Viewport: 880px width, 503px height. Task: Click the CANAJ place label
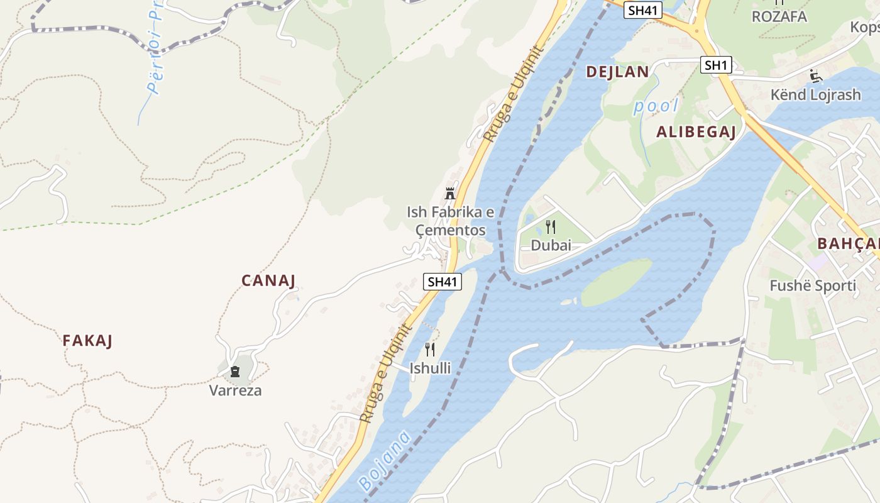point(268,280)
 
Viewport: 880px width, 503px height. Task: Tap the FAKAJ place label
point(87,341)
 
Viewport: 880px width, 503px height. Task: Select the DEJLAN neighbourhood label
point(617,72)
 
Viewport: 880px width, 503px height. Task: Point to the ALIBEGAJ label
point(696,131)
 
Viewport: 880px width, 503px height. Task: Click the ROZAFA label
point(779,17)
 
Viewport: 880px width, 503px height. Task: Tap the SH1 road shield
point(716,65)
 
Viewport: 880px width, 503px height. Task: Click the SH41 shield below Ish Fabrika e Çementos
point(443,282)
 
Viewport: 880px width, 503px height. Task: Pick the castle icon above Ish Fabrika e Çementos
point(450,193)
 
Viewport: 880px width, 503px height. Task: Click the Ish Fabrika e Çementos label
point(450,221)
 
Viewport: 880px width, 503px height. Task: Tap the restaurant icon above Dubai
point(551,227)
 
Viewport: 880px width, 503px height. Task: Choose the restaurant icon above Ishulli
point(430,349)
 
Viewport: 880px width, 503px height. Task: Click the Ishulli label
point(430,368)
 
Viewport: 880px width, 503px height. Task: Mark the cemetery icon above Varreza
point(235,372)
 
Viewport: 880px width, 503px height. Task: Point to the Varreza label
point(235,390)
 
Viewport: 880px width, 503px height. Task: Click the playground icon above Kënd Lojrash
point(815,76)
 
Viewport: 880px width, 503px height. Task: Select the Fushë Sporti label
point(813,286)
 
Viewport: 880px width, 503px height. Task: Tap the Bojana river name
point(385,461)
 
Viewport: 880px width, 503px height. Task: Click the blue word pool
point(656,106)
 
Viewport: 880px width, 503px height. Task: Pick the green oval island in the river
point(616,283)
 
